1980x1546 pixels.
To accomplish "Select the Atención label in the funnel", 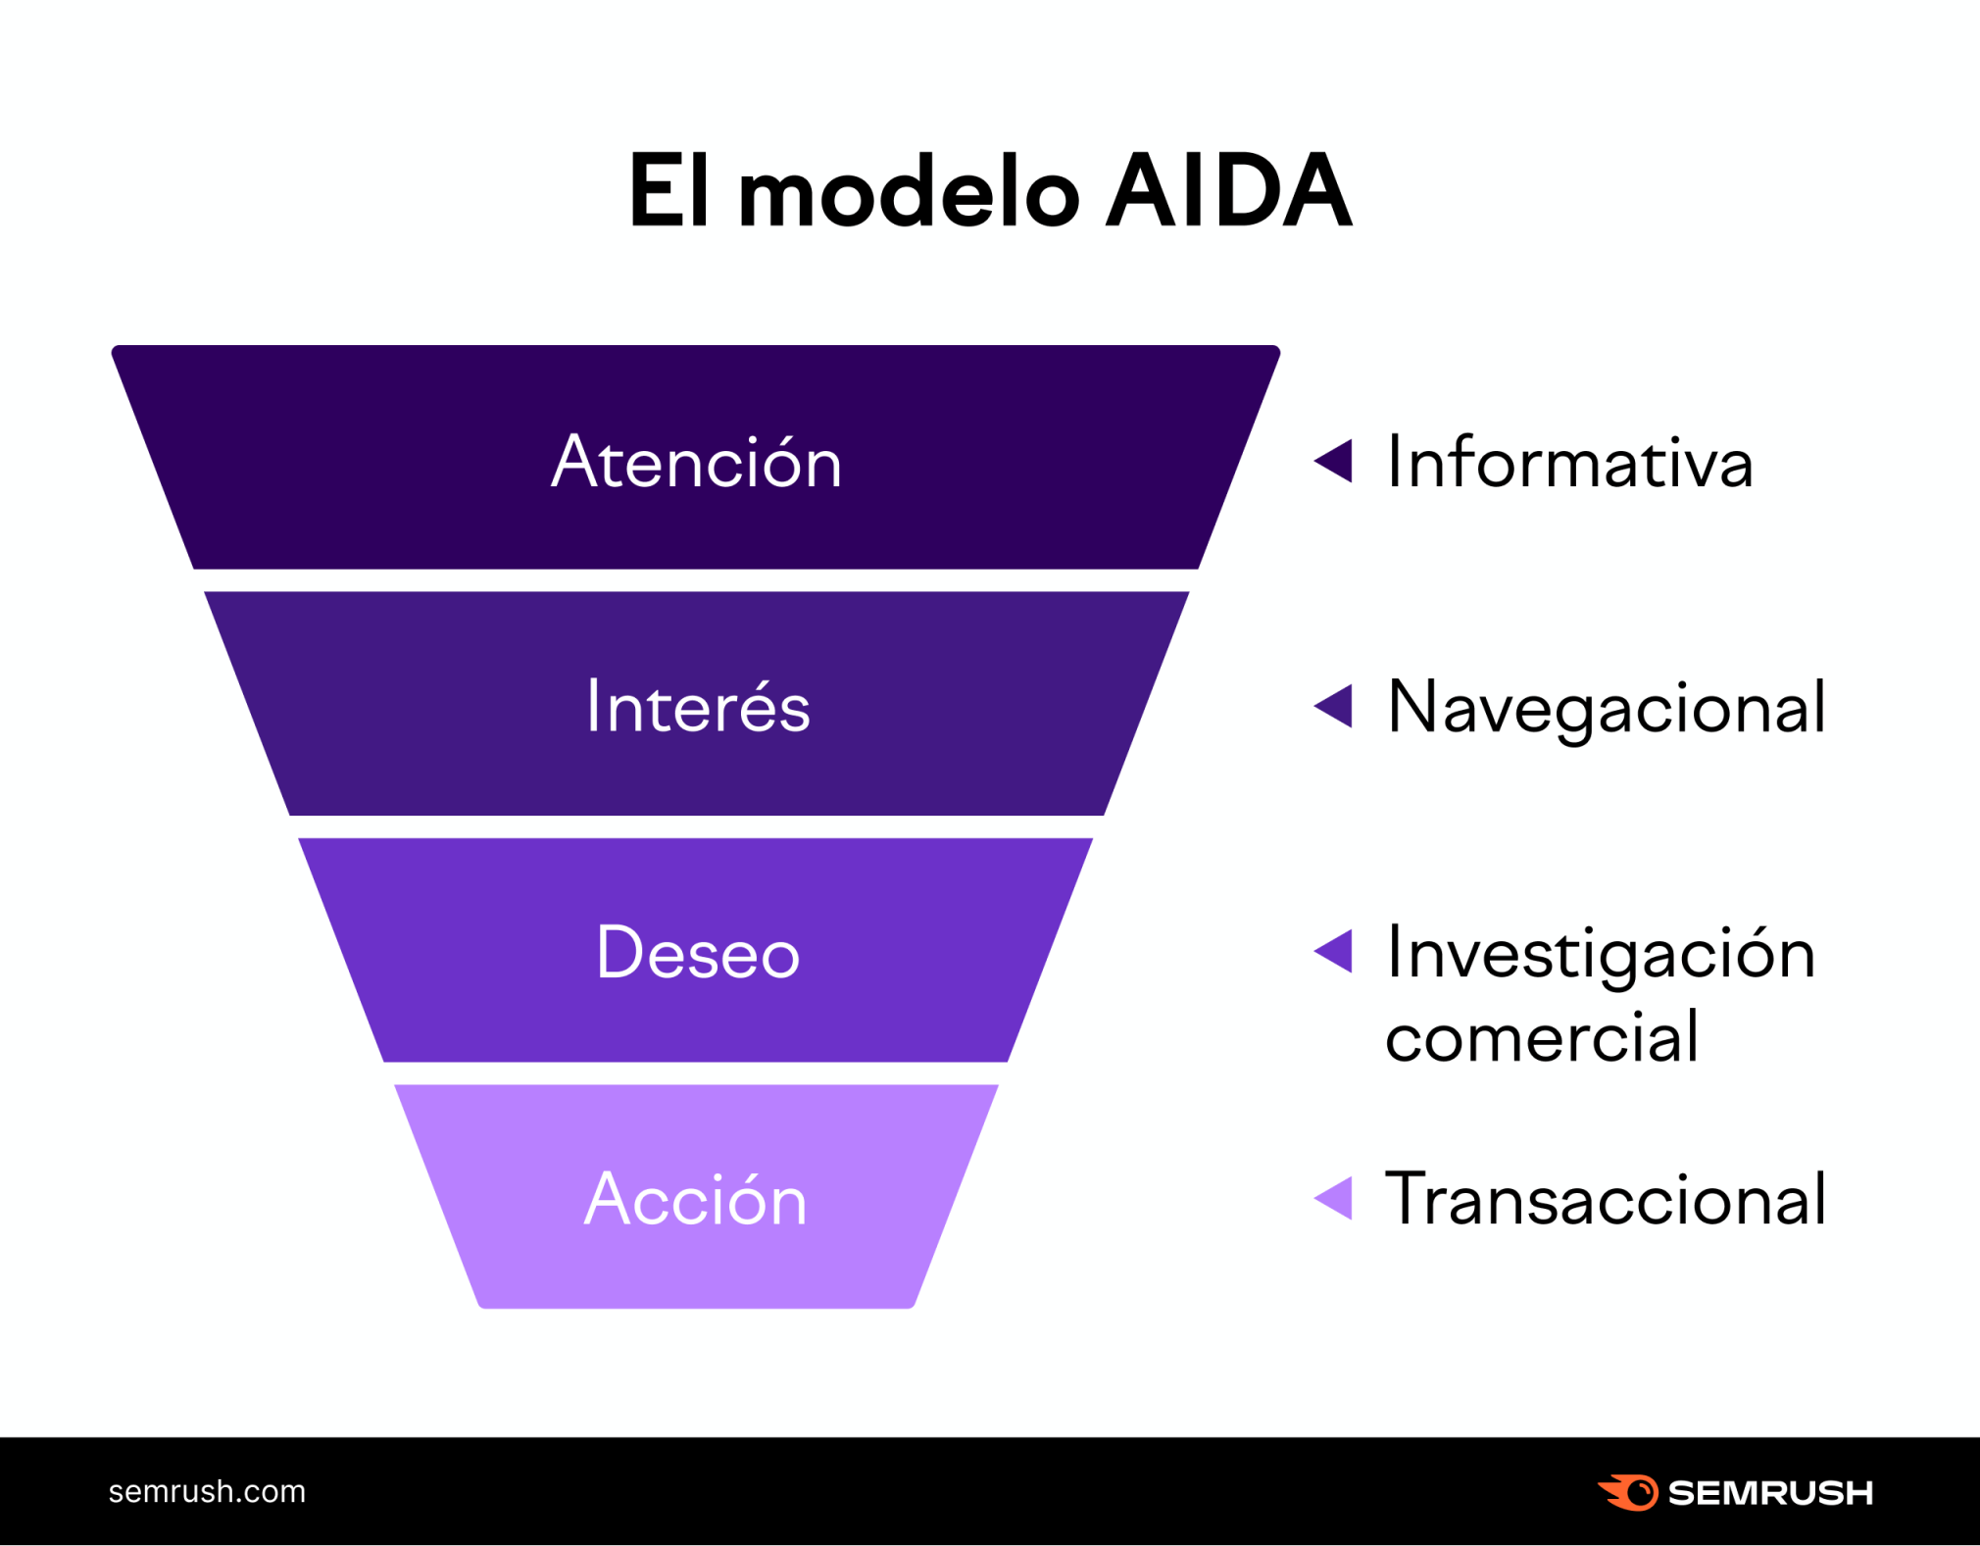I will [696, 462].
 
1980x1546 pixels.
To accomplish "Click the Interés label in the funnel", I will [698, 706].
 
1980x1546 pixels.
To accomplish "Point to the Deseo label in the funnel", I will [698, 952].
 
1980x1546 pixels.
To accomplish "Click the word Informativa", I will [1569, 462].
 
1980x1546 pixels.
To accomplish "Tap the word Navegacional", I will [1607, 707].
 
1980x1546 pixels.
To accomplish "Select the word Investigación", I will [1601, 953].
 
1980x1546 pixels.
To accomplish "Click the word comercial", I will [1542, 1036].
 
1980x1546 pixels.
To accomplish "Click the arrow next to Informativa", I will [1334, 461].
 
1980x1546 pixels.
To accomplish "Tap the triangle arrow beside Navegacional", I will [1334, 706].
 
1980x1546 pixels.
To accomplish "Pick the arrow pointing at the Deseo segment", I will [1334, 951].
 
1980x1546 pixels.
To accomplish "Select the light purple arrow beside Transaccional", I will [1334, 1198].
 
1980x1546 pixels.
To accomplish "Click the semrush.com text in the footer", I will [207, 1491].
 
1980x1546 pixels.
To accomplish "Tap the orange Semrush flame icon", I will [1629, 1492].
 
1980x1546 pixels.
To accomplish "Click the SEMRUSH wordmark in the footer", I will [1770, 1493].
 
